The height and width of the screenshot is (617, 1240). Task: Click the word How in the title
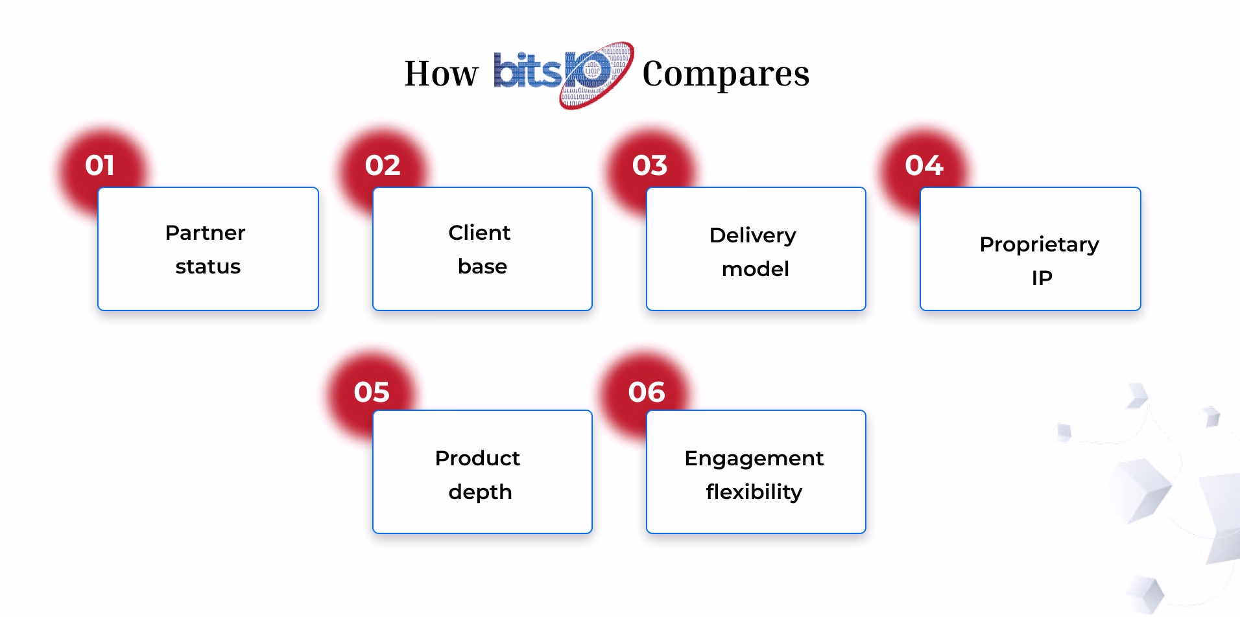pyautogui.click(x=441, y=73)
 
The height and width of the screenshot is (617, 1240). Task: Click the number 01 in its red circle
pyautogui.click(x=100, y=165)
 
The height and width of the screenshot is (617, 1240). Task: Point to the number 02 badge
pyautogui.click(x=383, y=165)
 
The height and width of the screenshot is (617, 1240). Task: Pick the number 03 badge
pyautogui.click(x=650, y=165)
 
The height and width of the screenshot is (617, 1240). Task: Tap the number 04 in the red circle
pyautogui.click(x=924, y=165)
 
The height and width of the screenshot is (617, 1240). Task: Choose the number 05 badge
pyautogui.click(x=372, y=392)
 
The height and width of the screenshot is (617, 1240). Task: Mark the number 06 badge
pyautogui.click(x=647, y=392)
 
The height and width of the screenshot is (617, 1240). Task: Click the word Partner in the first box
pyautogui.click(x=206, y=233)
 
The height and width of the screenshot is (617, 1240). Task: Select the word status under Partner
pyautogui.click(x=208, y=266)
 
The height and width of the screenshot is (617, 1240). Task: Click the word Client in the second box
pyautogui.click(x=479, y=233)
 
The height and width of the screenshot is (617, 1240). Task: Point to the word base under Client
pyautogui.click(x=483, y=266)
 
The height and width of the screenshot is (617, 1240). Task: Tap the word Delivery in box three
pyautogui.click(x=753, y=236)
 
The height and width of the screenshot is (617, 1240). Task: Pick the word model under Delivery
pyautogui.click(x=756, y=269)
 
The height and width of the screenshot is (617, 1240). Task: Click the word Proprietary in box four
pyautogui.click(x=1040, y=245)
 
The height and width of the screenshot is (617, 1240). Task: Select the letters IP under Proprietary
pyautogui.click(x=1042, y=278)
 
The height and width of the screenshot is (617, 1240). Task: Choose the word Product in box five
pyautogui.click(x=477, y=458)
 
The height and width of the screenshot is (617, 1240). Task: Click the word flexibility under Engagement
pyautogui.click(x=754, y=493)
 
